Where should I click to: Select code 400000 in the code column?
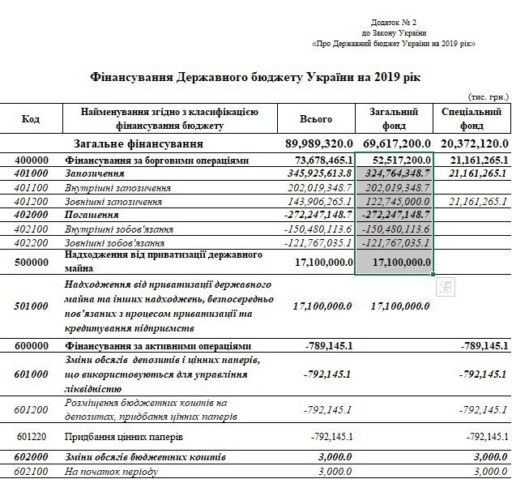tap(31, 160)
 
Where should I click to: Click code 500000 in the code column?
tap(31, 261)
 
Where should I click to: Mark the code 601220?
tap(31, 437)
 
